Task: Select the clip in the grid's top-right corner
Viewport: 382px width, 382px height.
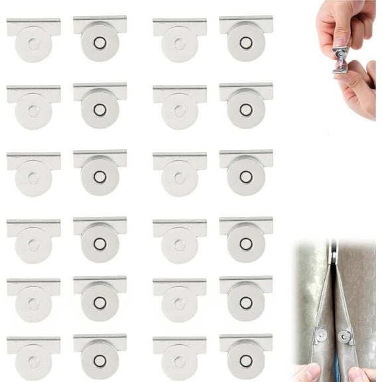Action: pyautogui.click(x=246, y=40)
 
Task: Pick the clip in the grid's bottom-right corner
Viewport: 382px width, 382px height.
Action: pyautogui.click(x=246, y=358)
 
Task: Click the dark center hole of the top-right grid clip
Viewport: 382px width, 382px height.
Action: pyautogui.click(x=246, y=43)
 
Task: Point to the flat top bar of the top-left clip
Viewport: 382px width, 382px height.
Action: pyautogui.click(x=33, y=26)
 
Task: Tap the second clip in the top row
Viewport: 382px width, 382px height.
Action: pyautogui.click(x=99, y=40)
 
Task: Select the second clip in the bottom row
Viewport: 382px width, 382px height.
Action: pyautogui.click(x=99, y=358)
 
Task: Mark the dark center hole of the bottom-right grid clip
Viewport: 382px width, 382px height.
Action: pyautogui.click(x=246, y=361)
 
